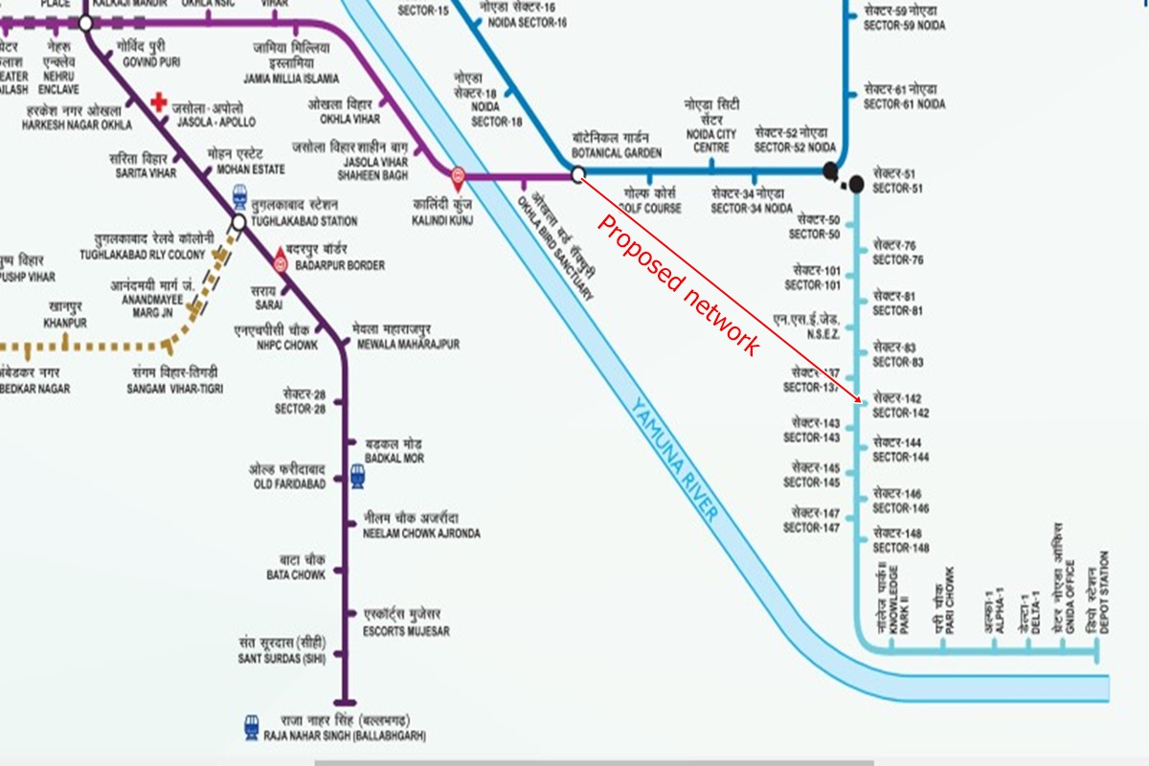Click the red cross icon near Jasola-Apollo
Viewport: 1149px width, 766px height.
pos(158,102)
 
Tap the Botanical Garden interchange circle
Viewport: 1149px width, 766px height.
pos(577,174)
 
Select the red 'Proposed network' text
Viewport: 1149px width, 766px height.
pos(679,285)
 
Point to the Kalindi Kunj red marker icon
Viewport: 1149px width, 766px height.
pos(459,175)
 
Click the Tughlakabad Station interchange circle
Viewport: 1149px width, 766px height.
pos(237,223)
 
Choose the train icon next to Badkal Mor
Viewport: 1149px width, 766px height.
pos(357,473)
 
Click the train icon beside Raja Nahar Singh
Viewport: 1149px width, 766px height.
pos(254,726)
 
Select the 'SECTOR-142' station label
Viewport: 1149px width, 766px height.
pos(900,413)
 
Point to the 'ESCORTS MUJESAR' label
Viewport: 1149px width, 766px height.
pos(407,631)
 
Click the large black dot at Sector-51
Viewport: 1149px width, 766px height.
pos(855,183)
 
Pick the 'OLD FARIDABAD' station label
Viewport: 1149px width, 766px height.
pos(288,484)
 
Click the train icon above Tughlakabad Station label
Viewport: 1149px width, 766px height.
pos(239,192)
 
